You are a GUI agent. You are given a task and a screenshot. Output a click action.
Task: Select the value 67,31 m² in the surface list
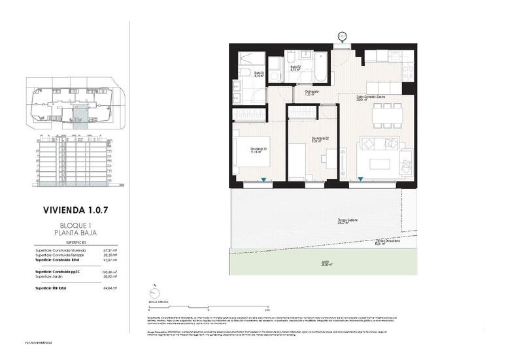point(109,250)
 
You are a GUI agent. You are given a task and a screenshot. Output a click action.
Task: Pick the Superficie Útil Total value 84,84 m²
point(109,287)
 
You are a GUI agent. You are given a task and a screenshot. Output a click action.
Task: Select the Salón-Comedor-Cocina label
point(370,97)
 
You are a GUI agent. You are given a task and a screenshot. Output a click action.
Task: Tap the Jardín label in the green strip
point(325,264)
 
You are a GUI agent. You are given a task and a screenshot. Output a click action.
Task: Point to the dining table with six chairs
point(386,117)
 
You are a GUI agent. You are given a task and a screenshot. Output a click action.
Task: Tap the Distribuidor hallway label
point(311,92)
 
